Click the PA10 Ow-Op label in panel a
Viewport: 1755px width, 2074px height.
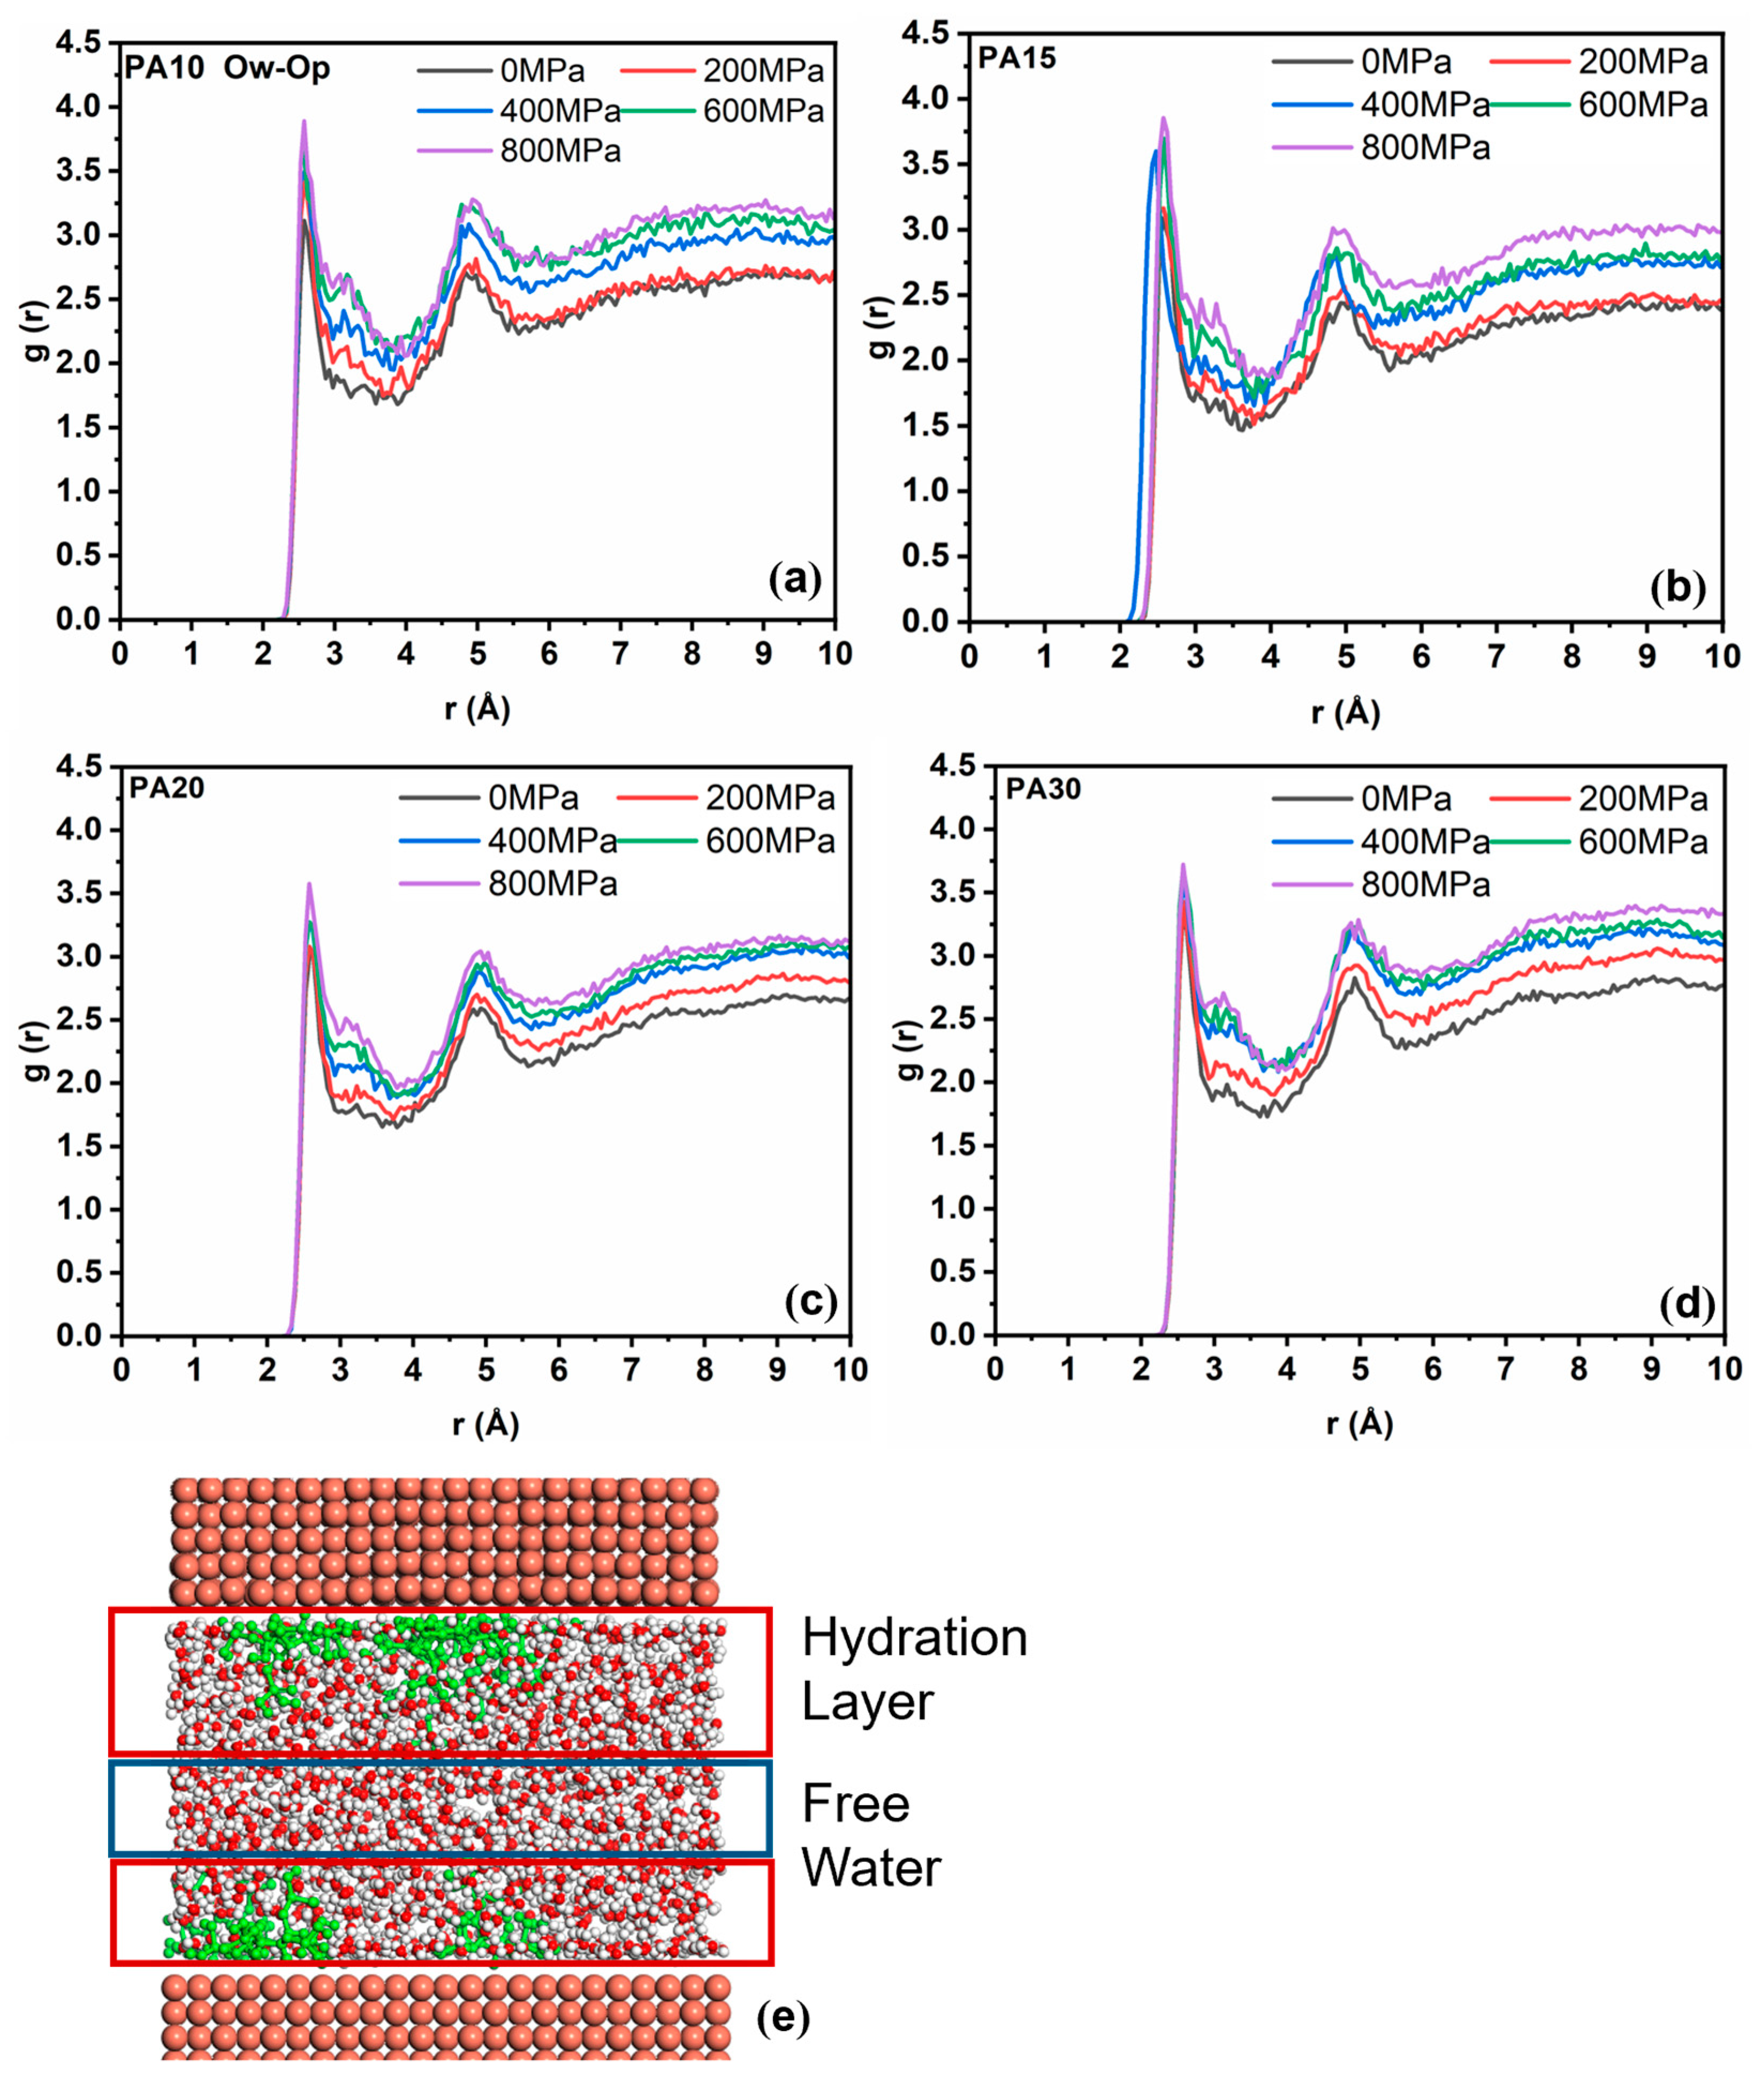[227, 69]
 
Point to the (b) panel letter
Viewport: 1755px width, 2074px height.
[1677, 589]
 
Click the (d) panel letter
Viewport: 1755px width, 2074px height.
[1688, 1304]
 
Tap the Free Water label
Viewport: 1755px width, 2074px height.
[870, 1835]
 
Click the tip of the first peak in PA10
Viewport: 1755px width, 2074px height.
[303, 122]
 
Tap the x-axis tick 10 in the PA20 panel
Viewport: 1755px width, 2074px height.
[848, 1370]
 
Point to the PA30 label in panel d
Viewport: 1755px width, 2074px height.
[1043, 789]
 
